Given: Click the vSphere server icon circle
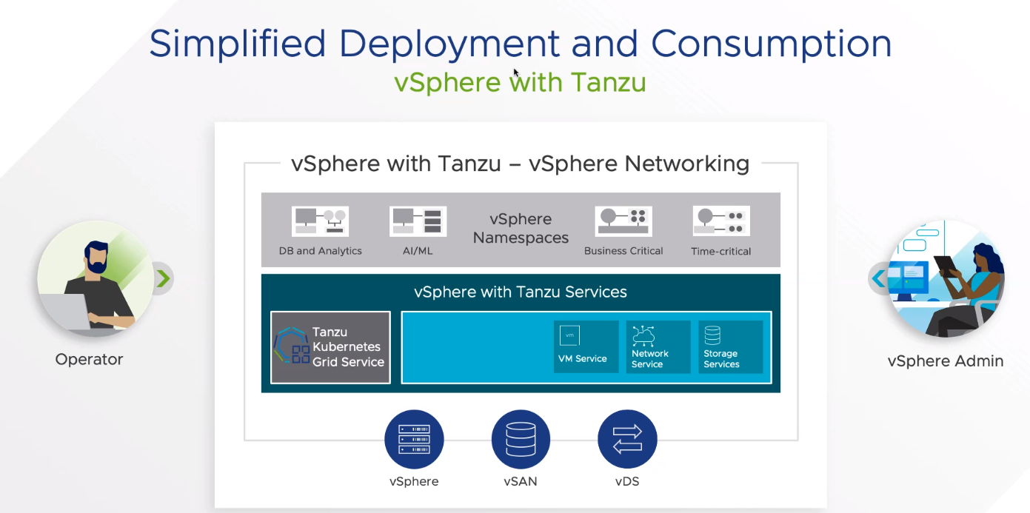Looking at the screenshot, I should click(x=414, y=439).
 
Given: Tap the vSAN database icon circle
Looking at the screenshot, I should click(x=521, y=439).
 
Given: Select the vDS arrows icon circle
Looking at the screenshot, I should click(x=627, y=439).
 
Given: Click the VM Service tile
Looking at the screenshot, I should click(x=586, y=346).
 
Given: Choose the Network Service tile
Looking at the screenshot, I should click(x=658, y=346).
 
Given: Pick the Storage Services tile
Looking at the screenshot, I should click(x=730, y=346).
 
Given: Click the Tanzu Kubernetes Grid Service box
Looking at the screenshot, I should click(x=330, y=347).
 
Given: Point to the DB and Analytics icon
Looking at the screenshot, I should click(x=320, y=221).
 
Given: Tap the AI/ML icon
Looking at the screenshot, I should click(x=418, y=221).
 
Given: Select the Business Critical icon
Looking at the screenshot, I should click(x=623, y=221).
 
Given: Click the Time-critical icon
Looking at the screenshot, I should click(x=721, y=221).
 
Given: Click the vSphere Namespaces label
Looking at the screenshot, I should click(x=521, y=229).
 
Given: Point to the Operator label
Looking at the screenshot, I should click(x=89, y=360).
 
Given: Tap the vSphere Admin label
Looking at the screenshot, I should click(x=946, y=361).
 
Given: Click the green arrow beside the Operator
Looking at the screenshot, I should click(x=164, y=278).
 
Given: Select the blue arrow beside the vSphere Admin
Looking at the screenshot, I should click(x=878, y=279).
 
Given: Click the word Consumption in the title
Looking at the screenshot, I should click(x=772, y=44).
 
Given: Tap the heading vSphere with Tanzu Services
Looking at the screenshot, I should click(x=521, y=292).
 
